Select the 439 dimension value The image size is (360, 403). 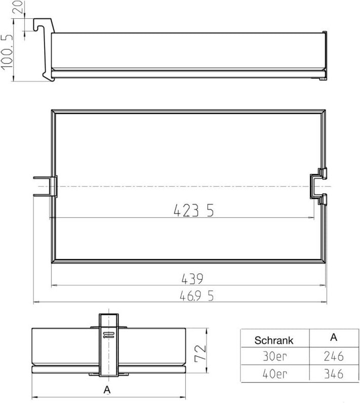point(192,279)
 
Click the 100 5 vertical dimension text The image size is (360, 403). point(7,58)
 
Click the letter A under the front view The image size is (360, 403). point(107,389)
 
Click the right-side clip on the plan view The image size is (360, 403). point(318,186)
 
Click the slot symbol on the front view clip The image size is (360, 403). point(108,334)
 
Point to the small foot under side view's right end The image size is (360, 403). point(322,78)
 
